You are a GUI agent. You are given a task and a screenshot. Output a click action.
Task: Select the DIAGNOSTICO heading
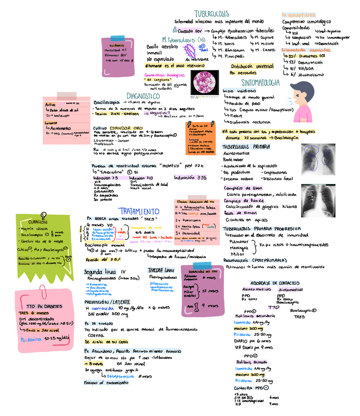[x=142, y=96]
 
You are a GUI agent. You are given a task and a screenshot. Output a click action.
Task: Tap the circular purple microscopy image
[x=204, y=82]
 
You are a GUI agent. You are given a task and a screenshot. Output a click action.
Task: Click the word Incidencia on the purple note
[x=116, y=45]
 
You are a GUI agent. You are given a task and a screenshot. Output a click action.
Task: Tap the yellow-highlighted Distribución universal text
[x=252, y=66]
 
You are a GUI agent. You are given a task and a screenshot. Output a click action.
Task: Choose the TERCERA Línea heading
[x=161, y=270]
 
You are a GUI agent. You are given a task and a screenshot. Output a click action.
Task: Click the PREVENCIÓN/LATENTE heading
[x=107, y=302]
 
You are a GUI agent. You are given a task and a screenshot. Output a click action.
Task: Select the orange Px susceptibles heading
[x=299, y=15]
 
